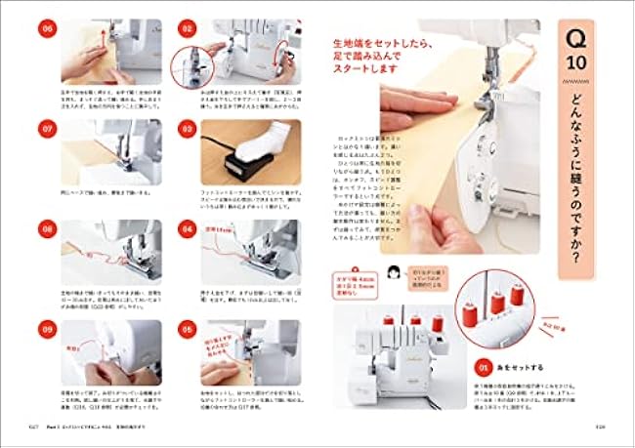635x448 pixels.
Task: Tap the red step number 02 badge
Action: pyautogui.click(x=186, y=29)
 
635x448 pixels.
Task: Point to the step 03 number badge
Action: pyautogui.click(x=186, y=128)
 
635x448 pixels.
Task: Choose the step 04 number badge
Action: pyautogui.click(x=186, y=228)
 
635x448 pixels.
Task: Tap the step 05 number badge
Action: pyautogui.click(x=186, y=329)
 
